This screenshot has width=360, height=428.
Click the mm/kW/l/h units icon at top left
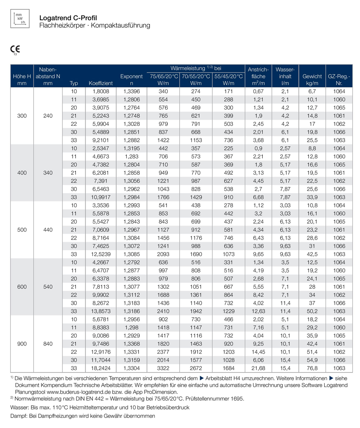click(x=20, y=19)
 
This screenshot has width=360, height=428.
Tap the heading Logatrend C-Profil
click(x=68, y=18)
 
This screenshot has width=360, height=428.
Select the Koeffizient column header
click(x=101, y=83)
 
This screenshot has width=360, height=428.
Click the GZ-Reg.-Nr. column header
click(x=339, y=80)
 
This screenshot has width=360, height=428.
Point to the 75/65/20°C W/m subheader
click(x=163, y=80)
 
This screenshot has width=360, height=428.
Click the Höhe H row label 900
click(x=22, y=344)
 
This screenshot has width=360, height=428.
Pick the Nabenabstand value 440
click(x=48, y=230)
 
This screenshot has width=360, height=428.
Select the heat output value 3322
click(x=163, y=368)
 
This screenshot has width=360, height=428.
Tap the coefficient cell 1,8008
click(x=101, y=92)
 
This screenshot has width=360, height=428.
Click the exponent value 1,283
click(x=131, y=156)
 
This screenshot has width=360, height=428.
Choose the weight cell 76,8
click(x=312, y=368)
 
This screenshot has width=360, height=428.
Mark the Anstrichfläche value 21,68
click(x=258, y=368)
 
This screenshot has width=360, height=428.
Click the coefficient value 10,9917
click(x=101, y=197)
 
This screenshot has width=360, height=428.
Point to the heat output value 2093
click(x=163, y=254)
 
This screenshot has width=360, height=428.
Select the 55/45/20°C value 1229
click(x=229, y=311)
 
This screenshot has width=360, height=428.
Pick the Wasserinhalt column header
click(x=285, y=76)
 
